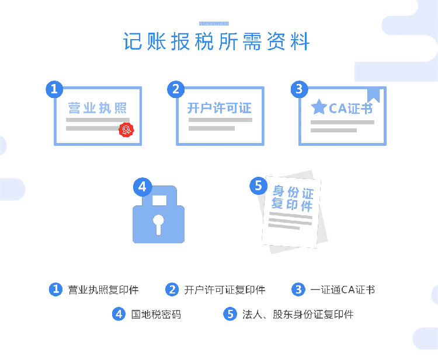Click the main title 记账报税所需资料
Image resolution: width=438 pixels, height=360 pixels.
[x=216, y=41]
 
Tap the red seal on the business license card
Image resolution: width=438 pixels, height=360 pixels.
[x=126, y=130]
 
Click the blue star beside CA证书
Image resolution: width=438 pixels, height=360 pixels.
[x=319, y=107]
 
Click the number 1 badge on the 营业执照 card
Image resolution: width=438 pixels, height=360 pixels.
[x=54, y=89]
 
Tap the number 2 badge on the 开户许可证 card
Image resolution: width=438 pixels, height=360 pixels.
[x=176, y=89]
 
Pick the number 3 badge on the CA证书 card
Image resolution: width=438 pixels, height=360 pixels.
[x=299, y=89]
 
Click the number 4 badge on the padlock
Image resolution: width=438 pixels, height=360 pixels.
[x=142, y=187]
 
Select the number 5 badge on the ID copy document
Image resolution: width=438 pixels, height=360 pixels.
[x=258, y=186]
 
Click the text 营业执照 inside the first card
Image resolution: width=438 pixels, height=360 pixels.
[x=98, y=108]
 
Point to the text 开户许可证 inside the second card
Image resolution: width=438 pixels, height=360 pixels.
[x=219, y=108]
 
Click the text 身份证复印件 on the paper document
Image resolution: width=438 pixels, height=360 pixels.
[x=292, y=198]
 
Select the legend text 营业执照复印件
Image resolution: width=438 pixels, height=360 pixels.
[x=103, y=290]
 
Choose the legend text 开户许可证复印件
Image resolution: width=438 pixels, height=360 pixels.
[x=225, y=290]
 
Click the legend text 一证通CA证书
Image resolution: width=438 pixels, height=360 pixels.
[x=342, y=289]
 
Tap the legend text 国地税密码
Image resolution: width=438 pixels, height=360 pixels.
[x=156, y=314]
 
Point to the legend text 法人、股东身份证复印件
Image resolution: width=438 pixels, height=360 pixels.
[x=298, y=314]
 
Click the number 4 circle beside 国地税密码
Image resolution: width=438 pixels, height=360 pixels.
[x=119, y=314]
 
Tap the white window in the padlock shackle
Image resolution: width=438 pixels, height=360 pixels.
[x=159, y=200]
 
